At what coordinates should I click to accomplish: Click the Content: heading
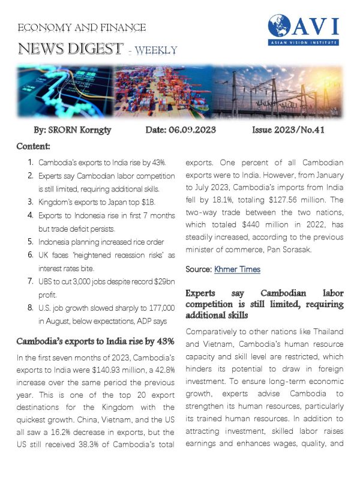[x=34, y=146]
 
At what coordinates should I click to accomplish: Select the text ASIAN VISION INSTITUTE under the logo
[x=304, y=43]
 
